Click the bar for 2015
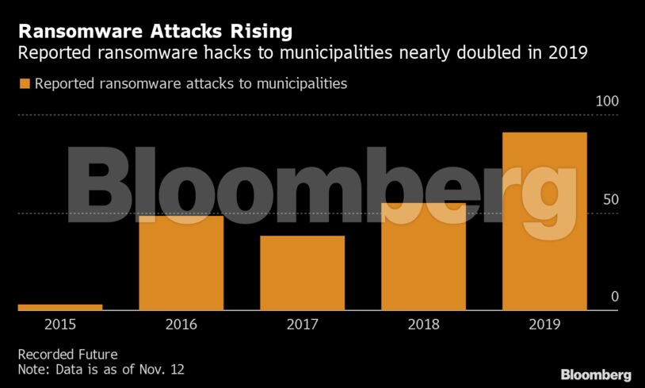60,307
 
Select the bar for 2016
181,263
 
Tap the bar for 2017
302,273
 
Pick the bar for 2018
423,256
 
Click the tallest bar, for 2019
544,221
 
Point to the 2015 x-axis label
60,324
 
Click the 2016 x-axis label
181,324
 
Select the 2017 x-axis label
302,324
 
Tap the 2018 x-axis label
423,324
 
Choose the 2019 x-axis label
544,324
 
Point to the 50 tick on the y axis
610,199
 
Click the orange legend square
24,83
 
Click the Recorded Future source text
67,354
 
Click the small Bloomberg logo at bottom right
596,375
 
